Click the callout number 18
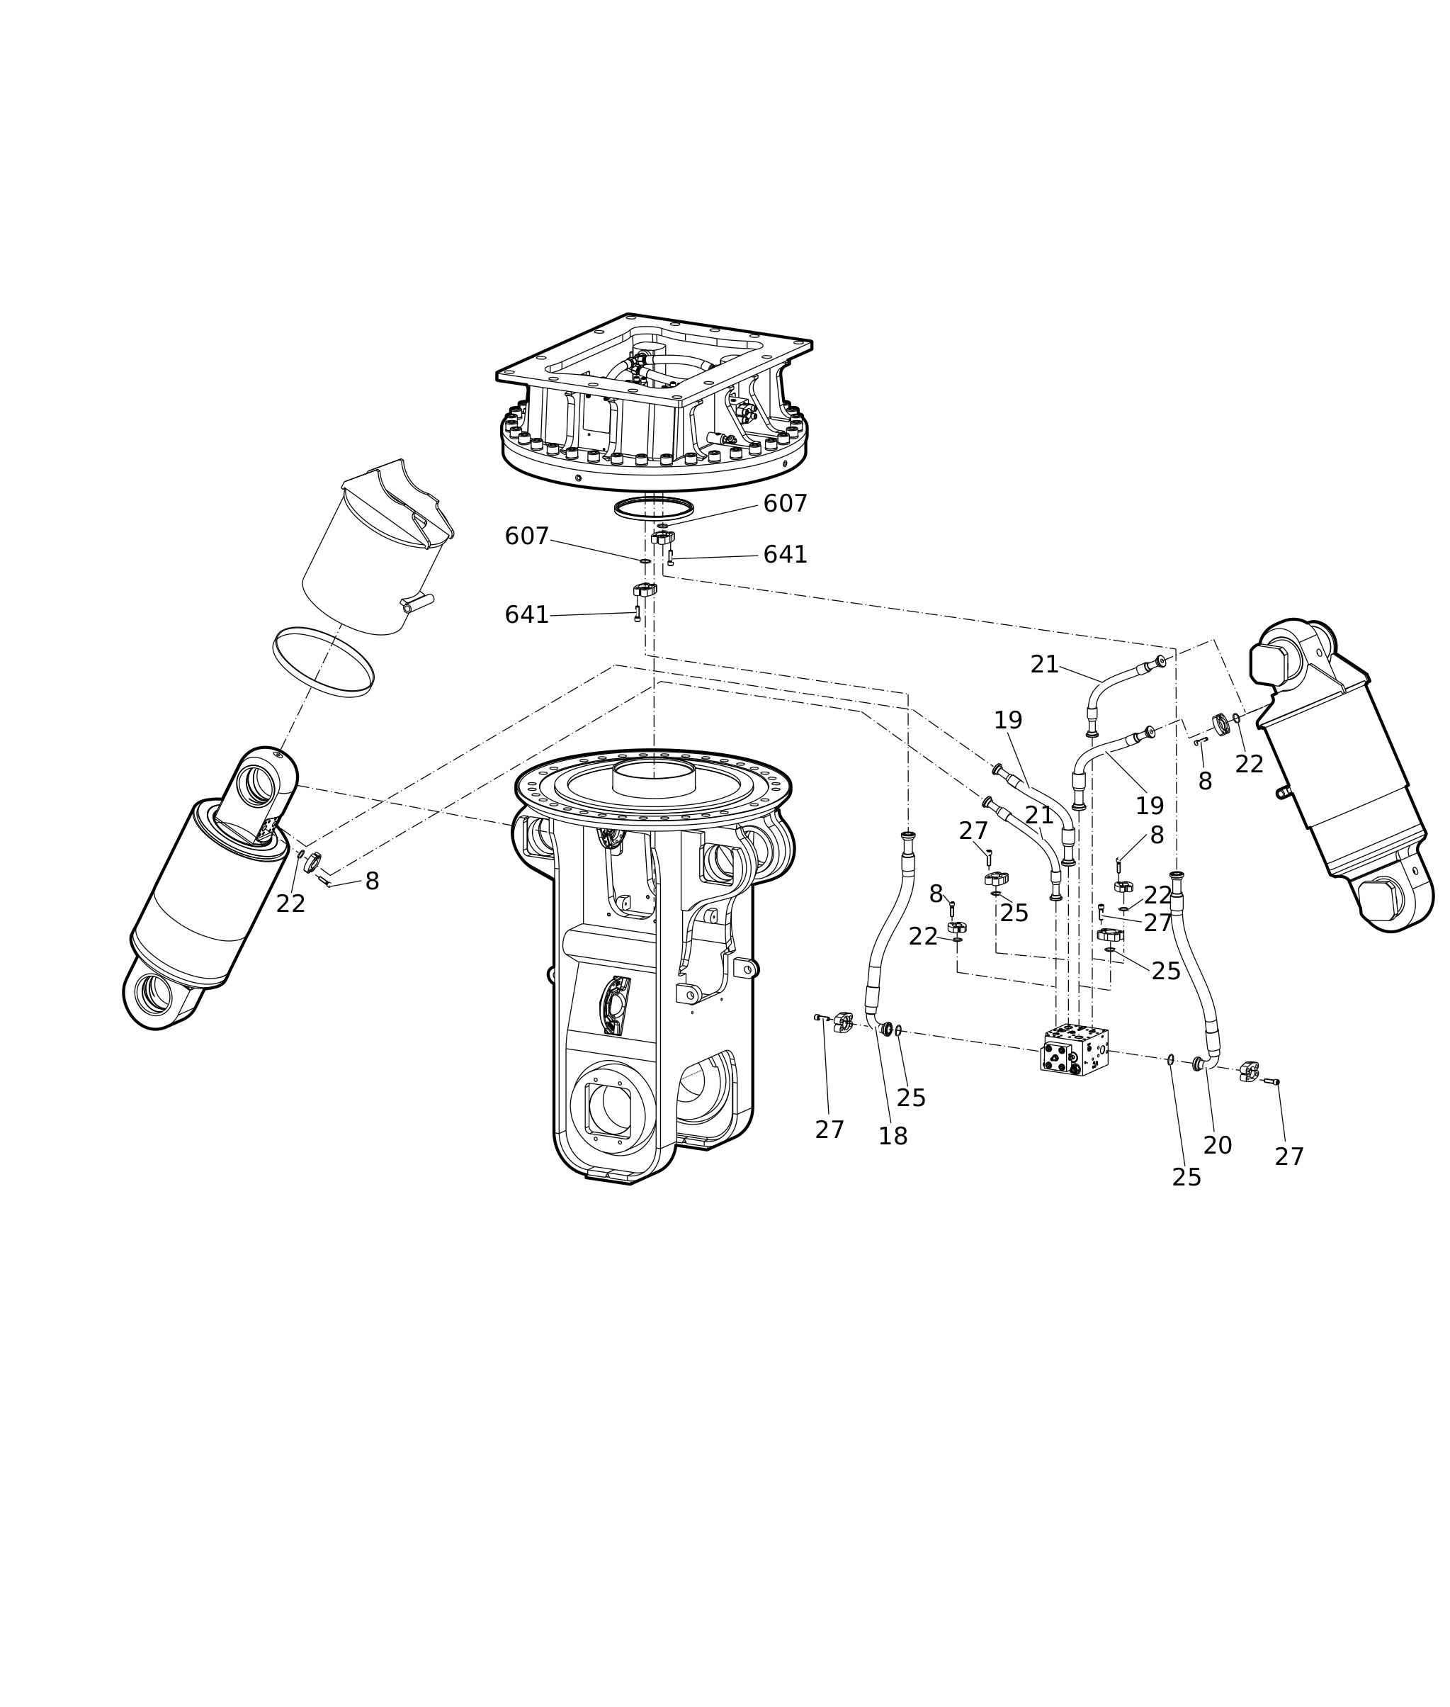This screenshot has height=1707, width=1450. tap(893, 1137)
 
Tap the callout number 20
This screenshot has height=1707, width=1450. tap(1218, 1145)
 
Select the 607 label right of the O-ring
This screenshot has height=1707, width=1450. tap(785, 504)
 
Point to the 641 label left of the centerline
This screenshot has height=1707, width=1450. tap(526, 615)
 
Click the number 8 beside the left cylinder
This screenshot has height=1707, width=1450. tap(372, 881)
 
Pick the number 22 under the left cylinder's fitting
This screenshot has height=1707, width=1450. tap(291, 904)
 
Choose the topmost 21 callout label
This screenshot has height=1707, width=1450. tap(1045, 665)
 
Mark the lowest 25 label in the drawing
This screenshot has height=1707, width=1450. tap(1186, 1178)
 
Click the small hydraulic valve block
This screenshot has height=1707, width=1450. tap(1075, 1050)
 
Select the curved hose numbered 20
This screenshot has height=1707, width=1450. tap(1196, 970)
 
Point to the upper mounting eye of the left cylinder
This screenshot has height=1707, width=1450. tap(260, 785)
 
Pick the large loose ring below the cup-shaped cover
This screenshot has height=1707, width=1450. tap(323, 662)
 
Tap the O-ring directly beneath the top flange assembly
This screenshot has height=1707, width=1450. tap(655, 508)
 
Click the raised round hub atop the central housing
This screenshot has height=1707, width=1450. tap(655, 778)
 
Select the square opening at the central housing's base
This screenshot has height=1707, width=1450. tap(608, 1110)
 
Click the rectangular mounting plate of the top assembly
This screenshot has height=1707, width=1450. tap(655, 359)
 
